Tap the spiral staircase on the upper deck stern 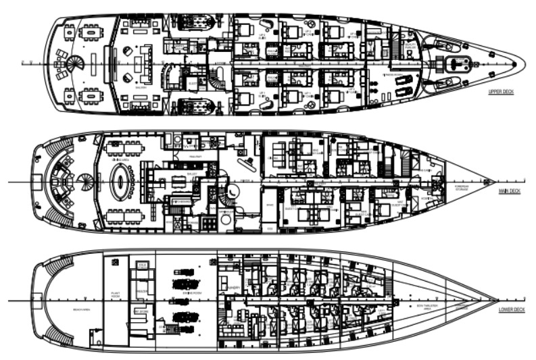tap(74, 65)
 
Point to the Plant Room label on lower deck tap(115, 294)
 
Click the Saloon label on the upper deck tap(142, 86)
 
